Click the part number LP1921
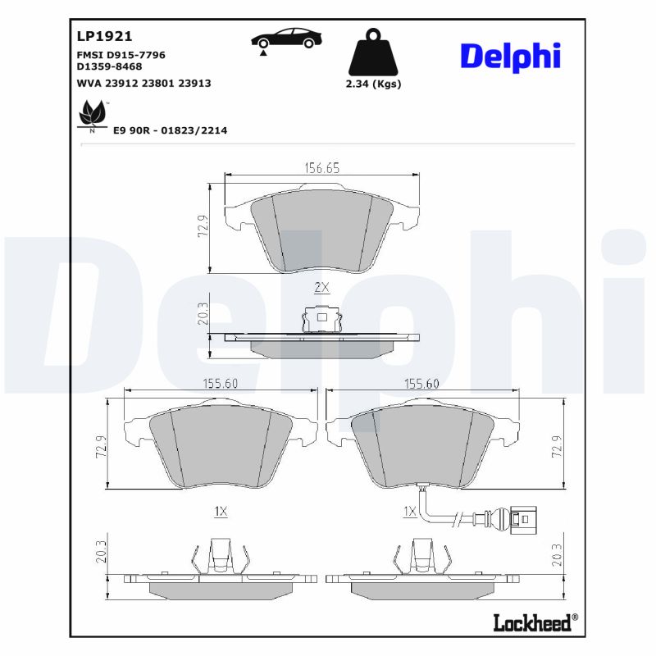pyautogui.click(x=104, y=37)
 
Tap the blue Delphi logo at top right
pyautogui.click(x=510, y=56)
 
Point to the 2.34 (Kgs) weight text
pyautogui.click(x=373, y=84)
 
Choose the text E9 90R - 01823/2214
pyautogui.click(x=170, y=130)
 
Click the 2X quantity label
pyautogui.click(x=321, y=288)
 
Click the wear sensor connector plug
pyautogui.click(x=520, y=518)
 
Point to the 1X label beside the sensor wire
pyautogui.click(x=411, y=511)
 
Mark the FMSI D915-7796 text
pyautogui.click(x=121, y=54)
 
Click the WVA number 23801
pyautogui.click(x=158, y=83)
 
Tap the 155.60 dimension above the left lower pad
pyautogui.click(x=220, y=383)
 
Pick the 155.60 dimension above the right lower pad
pyautogui.click(x=421, y=383)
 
